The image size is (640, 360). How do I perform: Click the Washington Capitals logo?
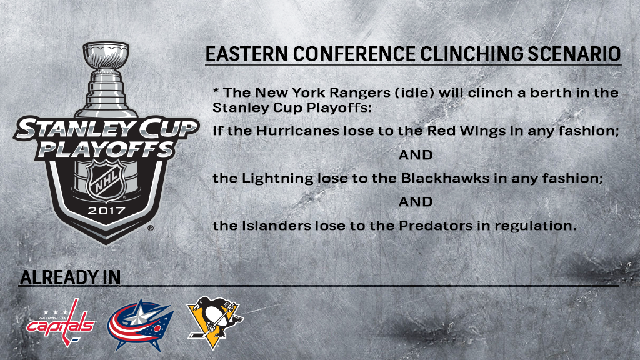pos(61,323)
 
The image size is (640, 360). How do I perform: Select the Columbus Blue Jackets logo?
pos(141,325)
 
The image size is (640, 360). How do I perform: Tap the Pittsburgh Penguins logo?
pos(215,322)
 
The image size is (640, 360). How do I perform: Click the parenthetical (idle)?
pos(414,92)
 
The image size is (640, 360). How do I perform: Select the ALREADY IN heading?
pos(70,277)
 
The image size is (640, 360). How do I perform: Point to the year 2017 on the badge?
pos(106,211)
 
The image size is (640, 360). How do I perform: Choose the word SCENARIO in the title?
pos(574,54)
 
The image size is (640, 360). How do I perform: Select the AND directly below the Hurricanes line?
pos(416,155)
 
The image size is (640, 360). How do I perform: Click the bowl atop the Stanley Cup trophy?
pos(106,56)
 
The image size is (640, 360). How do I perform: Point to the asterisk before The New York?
pos(216,90)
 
